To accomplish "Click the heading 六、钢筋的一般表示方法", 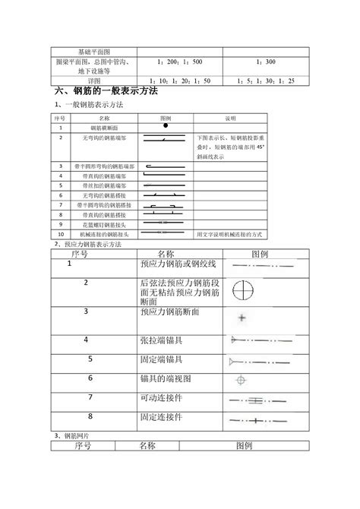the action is click(106, 91).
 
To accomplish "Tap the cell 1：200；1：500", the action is click(179, 61).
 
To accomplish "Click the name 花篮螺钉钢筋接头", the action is click(104, 224).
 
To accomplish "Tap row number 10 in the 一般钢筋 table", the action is click(59, 234).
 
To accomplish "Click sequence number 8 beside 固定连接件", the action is click(90, 416).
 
